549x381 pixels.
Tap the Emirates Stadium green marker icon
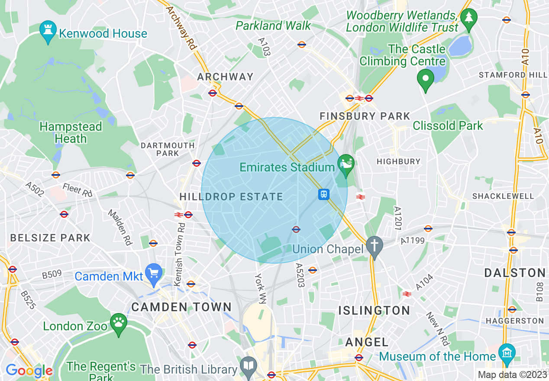[346, 165]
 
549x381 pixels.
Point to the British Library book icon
[249, 366]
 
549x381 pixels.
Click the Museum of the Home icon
[507, 352]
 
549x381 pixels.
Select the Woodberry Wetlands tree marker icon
[468, 19]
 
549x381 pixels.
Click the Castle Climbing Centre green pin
[425, 79]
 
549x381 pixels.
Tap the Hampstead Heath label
[71, 132]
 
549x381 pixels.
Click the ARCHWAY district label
[225, 77]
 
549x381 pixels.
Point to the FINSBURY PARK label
[365, 116]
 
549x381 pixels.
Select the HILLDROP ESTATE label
[231, 197]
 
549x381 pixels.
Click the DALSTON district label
[515, 273]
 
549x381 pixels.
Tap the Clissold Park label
[448, 126]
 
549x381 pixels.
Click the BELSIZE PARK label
[50, 238]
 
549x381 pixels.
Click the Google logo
[29, 371]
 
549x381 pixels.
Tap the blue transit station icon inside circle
[324, 194]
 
